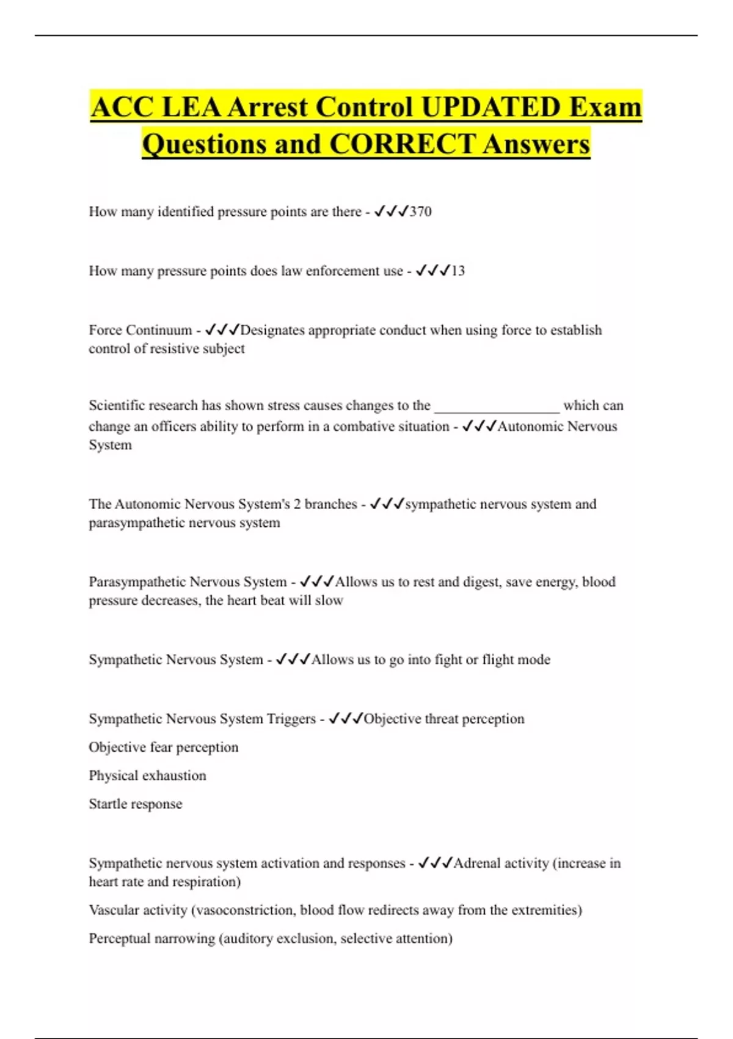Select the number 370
point(420,211)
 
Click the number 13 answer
point(458,271)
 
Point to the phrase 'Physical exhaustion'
point(147,776)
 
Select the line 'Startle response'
point(136,804)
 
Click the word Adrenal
point(475,863)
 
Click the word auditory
point(247,938)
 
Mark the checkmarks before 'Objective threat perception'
point(346,719)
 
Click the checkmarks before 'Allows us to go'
point(293,659)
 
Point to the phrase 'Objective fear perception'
point(164,747)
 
